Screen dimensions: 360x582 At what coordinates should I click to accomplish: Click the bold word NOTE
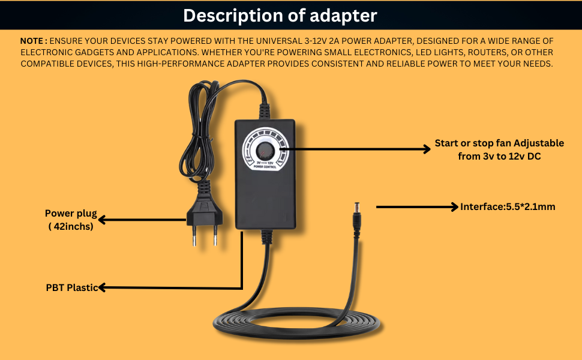click(x=33, y=41)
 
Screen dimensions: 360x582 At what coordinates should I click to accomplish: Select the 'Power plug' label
click(x=71, y=214)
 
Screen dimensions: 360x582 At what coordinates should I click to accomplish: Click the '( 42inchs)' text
click(x=71, y=226)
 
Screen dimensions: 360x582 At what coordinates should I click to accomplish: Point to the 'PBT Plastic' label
click(x=71, y=287)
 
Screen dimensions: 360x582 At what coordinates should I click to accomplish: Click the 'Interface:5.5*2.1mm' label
click(x=508, y=207)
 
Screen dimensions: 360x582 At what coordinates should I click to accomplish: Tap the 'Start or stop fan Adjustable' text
click(x=499, y=143)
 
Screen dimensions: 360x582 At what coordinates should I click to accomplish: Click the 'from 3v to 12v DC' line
click(x=499, y=156)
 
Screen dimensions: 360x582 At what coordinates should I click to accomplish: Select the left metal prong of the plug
click(x=194, y=238)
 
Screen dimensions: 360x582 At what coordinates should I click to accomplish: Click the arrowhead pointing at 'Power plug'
click(x=102, y=220)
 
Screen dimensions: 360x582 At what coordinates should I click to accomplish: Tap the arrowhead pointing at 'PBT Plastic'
click(x=102, y=288)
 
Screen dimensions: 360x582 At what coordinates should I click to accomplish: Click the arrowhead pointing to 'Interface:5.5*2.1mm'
click(x=454, y=207)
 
